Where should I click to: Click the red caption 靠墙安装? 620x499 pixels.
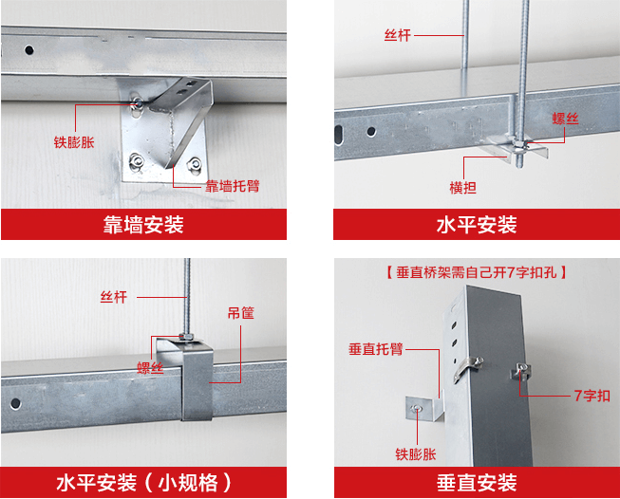pos(143,225)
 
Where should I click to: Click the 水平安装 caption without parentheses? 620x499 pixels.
pos(477,225)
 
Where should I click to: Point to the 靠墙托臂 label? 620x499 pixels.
pos(233,186)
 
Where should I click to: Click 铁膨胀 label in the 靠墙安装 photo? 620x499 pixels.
pos(74,144)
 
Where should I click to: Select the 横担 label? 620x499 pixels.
pos(463,187)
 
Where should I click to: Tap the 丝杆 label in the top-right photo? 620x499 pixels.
pos(397,34)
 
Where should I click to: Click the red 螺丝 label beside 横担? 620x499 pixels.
pos(566,120)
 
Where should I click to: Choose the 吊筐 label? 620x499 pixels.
pos(240,311)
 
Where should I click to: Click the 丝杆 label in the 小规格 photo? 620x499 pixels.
pos(114,297)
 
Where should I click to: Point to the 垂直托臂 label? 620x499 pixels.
pos(376,348)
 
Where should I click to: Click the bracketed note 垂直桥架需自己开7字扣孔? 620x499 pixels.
pos(477,272)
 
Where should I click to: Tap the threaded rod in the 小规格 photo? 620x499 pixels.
pos(186,294)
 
